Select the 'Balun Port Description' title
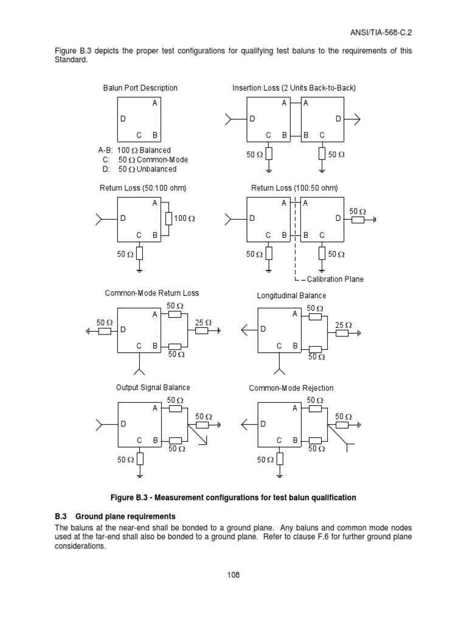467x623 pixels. [140, 88]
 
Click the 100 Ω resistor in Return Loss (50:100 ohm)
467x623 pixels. [168, 218]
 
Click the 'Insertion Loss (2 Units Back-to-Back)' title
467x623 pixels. [294, 88]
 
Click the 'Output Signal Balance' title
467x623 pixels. [153, 388]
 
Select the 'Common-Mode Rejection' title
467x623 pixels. [291, 388]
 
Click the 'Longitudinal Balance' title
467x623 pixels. [292, 296]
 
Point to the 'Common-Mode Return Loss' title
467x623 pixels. [152, 293]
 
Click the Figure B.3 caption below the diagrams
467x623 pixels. [233, 498]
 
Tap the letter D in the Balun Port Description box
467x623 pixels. [123, 120]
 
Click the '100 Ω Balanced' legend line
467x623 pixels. [135, 150]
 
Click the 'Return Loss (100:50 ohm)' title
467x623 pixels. [294, 188]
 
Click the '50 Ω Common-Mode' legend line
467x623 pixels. [145, 160]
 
